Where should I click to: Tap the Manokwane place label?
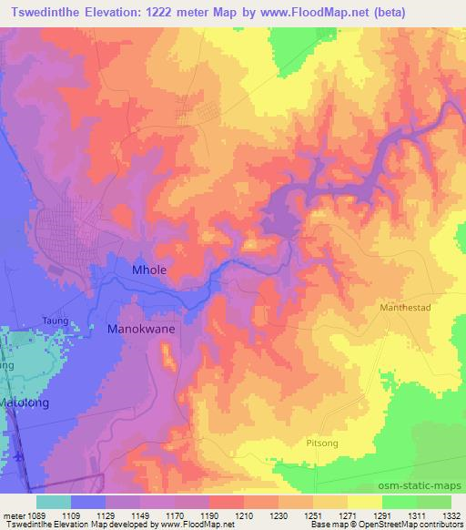(x=141, y=330)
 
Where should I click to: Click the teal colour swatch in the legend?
(x=53, y=502)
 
